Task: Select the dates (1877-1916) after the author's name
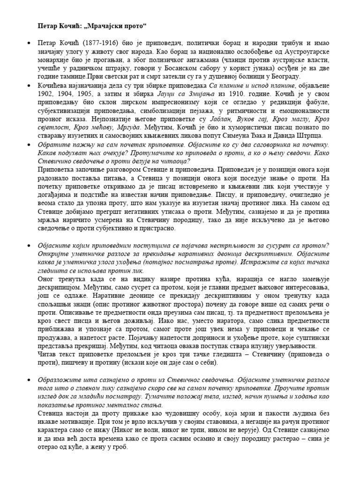tap(99, 43)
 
